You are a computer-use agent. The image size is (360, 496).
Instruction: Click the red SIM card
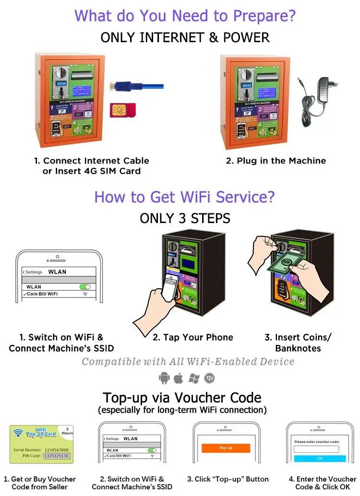point(122,110)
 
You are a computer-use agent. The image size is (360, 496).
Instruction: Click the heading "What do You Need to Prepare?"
point(185,16)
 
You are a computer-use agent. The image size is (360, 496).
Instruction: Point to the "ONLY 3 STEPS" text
point(185,218)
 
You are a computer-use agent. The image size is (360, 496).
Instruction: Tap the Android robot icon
point(164,378)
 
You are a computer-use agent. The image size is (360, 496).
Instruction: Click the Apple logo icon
point(179,378)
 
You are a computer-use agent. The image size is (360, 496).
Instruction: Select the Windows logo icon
point(194,378)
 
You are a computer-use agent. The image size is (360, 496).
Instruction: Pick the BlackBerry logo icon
point(209,378)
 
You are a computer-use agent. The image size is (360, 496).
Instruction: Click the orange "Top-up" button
point(226,448)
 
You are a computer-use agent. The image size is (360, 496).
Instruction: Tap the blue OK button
point(320,459)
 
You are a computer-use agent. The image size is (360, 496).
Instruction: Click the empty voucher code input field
point(316,449)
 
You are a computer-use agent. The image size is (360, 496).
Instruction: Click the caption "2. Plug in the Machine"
point(276,161)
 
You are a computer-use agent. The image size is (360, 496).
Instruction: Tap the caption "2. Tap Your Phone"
point(193,337)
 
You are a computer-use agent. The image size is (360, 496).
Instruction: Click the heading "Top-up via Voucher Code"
point(182,398)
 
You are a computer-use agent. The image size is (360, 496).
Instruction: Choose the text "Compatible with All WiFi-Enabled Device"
point(188,362)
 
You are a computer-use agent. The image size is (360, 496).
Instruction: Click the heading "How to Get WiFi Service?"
point(185,197)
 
